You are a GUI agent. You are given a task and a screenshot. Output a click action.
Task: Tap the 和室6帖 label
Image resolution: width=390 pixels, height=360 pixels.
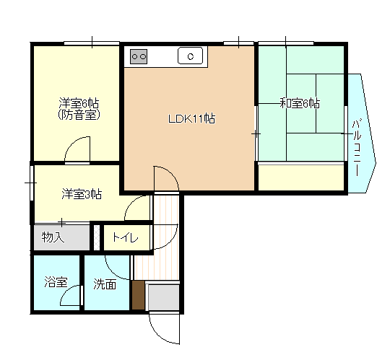tap(300, 104)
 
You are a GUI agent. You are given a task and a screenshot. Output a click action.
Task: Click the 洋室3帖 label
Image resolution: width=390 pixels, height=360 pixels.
tap(80, 193)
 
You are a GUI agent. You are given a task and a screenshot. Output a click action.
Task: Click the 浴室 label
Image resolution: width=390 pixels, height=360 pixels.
tap(54, 283)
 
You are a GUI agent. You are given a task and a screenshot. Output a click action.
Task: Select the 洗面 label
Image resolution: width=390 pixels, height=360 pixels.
tap(105, 284)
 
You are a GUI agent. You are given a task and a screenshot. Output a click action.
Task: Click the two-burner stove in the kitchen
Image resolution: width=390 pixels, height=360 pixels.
tap(139, 56)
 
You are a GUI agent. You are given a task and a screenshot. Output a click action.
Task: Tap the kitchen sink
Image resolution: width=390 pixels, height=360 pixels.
tap(191, 56)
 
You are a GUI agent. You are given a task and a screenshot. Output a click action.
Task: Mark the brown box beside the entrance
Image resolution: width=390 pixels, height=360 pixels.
tap(139, 296)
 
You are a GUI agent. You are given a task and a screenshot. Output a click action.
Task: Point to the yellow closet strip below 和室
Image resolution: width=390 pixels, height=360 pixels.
tap(300, 177)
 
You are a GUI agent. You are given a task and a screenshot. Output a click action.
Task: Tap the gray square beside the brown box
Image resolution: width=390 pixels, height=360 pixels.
tap(163, 296)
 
